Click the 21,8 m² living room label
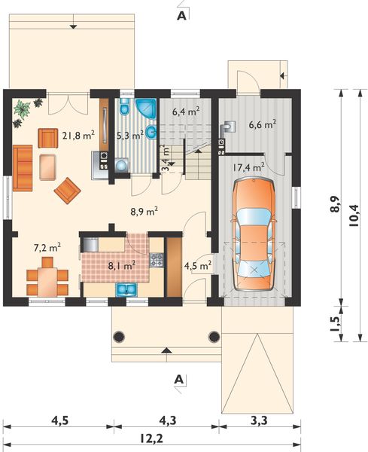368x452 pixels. click(78, 135)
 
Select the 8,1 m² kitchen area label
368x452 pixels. click(122, 265)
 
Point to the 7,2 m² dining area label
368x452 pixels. click(47, 247)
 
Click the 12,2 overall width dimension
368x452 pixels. click(152, 439)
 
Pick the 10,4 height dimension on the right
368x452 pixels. click(354, 215)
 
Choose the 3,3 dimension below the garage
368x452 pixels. click(260, 421)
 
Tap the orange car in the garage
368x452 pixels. click(254, 234)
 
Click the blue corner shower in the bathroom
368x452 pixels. click(146, 108)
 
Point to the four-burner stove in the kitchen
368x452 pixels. click(157, 260)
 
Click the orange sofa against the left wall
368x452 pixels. click(23, 168)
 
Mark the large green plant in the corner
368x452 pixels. click(22, 108)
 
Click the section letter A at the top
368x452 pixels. click(181, 16)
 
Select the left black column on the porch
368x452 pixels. click(119, 337)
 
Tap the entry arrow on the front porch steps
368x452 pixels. click(167, 350)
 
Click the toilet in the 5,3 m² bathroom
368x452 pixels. click(125, 107)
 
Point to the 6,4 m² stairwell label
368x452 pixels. click(186, 111)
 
